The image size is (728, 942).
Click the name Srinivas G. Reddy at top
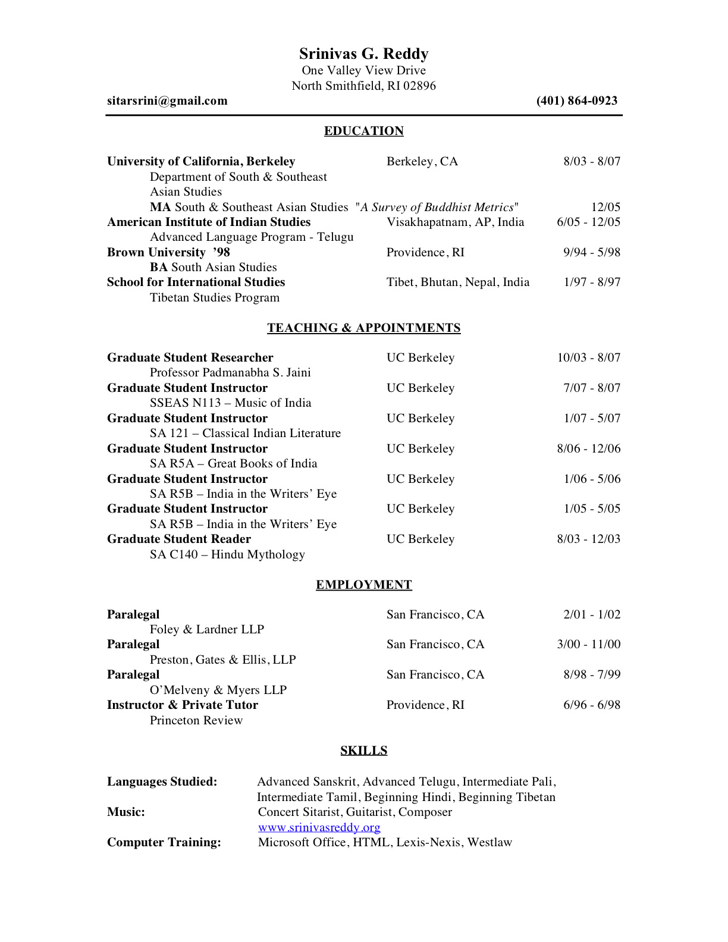tap(363, 54)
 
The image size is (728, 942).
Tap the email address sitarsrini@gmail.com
tap(167, 101)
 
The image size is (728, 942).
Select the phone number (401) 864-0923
tap(576, 101)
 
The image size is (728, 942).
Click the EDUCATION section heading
tap(363, 131)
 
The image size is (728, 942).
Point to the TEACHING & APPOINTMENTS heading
tap(363, 328)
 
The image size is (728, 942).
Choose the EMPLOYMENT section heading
tap(363, 585)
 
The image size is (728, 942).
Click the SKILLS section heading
tap(363, 751)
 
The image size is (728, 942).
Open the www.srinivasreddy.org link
tap(319, 828)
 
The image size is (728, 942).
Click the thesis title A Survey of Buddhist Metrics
tap(437, 208)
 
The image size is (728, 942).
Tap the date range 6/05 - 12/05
tap(588, 222)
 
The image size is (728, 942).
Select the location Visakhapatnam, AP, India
tap(455, 222)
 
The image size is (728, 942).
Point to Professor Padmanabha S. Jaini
tap(230, 373)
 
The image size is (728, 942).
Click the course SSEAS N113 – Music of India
tap(230, 403)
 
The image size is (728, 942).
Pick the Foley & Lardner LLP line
tap(206, 630)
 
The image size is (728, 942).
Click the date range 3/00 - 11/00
tap(588, 645)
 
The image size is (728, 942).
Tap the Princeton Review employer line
tap(196, 721)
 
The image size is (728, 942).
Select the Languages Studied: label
tap(162, 782)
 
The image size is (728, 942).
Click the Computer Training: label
tap(164, 843)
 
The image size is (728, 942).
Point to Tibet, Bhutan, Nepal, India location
tap(457, 282)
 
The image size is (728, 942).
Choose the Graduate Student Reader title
tap(178, 539)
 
